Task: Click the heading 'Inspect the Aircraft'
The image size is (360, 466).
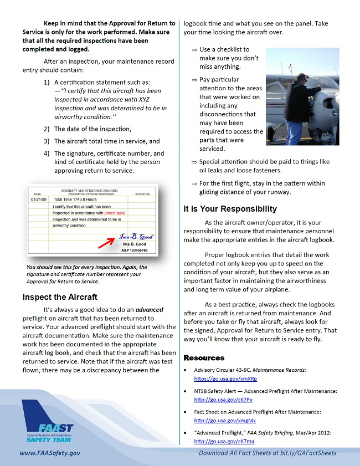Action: point(60,297)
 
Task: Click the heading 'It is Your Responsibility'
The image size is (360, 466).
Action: point(230,209)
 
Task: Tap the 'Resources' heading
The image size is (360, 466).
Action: point(204,358)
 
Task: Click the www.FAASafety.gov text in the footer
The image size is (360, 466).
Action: point(50,453)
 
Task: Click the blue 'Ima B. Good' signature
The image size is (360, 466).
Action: point(136,237)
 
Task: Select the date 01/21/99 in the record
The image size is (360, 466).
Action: point(39,199)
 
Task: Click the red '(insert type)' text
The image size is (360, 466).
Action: point(115,213)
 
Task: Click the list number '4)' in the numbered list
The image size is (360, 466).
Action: point(47,153)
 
